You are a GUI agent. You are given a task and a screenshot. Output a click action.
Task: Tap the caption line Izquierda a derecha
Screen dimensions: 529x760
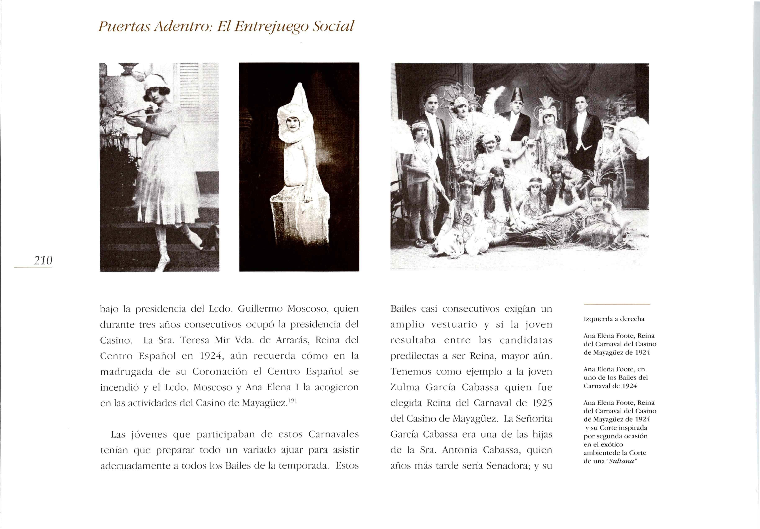point(614,319)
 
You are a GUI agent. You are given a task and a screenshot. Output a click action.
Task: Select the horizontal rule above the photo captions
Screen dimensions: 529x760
point(617,304)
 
